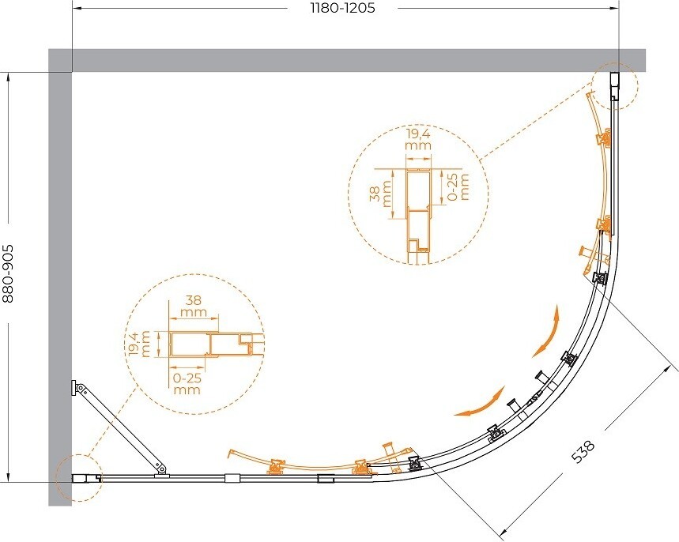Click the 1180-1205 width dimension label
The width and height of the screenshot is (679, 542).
click(x=342, y=8)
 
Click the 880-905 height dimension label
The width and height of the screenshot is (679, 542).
click(x=8, y=274)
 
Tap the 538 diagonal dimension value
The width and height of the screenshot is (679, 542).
click(x=583, y=451)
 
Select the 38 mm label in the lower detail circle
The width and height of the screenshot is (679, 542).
click(x=194, y=306)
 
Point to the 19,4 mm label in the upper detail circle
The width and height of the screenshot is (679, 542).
click(x=418, y=139)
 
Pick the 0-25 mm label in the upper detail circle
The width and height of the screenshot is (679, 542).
click(x=458, y=187)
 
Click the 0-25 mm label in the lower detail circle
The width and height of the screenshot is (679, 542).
click(x=187, y=383)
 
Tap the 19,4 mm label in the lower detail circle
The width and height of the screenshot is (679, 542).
click(x=139, y=344)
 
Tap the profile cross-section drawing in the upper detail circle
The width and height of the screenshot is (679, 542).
click(x=418, y=216)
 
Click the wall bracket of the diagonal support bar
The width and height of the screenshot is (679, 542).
click(x=74, y=388)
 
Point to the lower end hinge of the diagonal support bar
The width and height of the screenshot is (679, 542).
click(x=161, y=469)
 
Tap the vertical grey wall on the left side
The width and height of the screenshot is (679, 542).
click(x=60, y=277)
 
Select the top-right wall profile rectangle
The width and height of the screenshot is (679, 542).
click(x=615, y=87)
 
